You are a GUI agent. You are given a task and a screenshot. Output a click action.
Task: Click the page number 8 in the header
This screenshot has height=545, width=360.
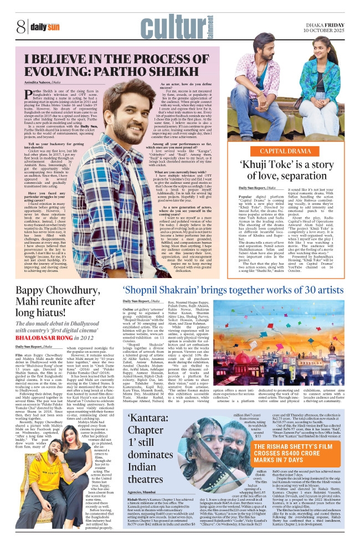click(20, 25)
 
